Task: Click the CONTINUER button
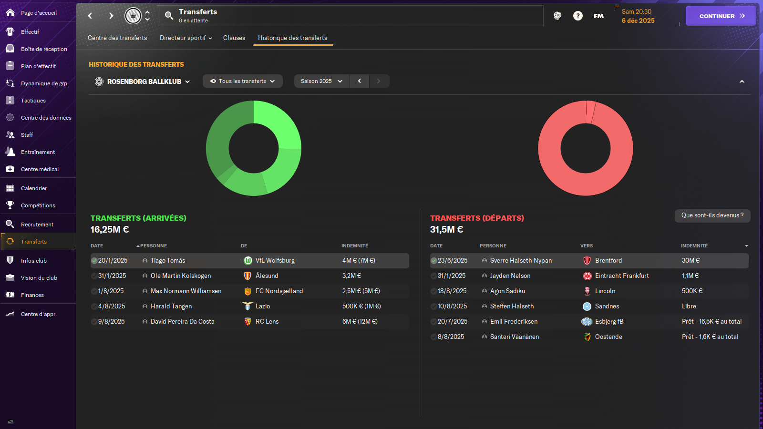[720, 16]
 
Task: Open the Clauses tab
[234, 38]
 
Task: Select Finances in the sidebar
[32, 295]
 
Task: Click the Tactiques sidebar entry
[33, 101]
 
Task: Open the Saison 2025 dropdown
[321, 81]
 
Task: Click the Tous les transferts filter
[242, 81]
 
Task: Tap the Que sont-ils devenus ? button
[712, 215]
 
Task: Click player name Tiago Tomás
[168, 261]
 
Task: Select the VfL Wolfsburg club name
[275, 261]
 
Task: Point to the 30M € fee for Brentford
[691, 261]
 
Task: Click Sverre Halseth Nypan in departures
[521, 261]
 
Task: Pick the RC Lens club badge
[247, 322]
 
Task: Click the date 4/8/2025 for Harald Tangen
[112, 306]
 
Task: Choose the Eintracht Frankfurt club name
[622, 276]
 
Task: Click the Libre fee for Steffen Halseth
[689, 306]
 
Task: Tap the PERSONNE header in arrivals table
[153, 246]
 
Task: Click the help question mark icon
[577, 16]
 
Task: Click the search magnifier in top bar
[169, 16]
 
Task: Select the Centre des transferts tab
[117, 38]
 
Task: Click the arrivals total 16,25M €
[110, 230]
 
